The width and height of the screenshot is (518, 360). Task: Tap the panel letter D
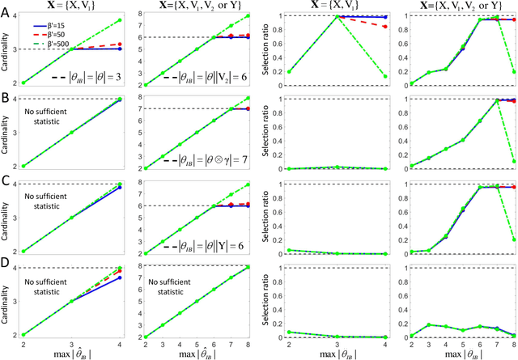click(6, 263)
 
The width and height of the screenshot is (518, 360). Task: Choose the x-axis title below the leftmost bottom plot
click(74, 354)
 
